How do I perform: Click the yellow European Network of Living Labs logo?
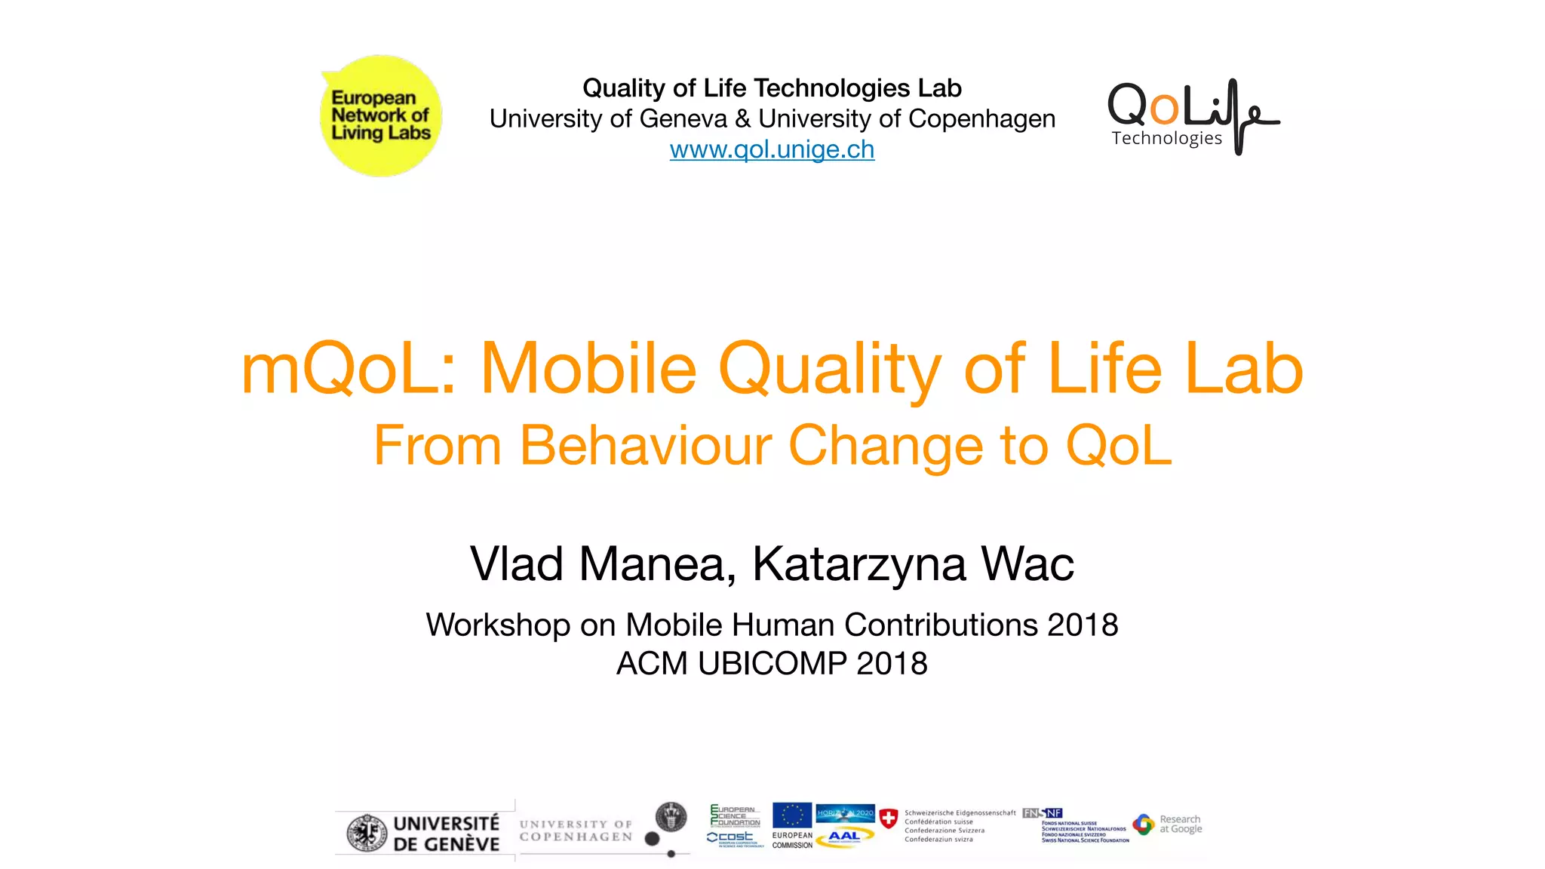381,115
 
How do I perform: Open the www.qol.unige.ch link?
772,149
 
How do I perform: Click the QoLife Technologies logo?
1193,116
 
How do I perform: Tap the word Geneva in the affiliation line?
683,119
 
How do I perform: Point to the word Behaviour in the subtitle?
646,446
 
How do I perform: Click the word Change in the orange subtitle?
886,446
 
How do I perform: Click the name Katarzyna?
859,565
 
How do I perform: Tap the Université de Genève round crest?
367,834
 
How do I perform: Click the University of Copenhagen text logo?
576,831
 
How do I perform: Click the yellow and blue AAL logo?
845,837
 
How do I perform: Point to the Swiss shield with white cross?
889,818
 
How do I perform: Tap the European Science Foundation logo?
735,815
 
